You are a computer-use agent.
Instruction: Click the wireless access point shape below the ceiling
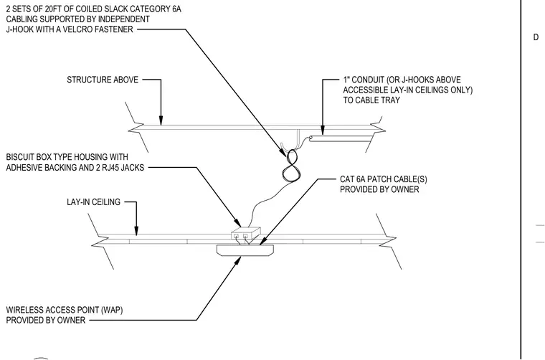[x=245, y=250]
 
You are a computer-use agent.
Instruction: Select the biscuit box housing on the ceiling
[x=246, y=233]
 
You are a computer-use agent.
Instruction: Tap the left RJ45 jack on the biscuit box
[x=237, y=236]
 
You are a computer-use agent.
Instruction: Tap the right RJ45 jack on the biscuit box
[x=245, y=236]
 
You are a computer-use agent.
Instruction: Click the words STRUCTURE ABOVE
[x=103, y=80]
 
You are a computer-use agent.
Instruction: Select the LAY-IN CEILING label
[x=93, y=202]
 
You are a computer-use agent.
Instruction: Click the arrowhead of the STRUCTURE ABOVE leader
[x=161, y=120]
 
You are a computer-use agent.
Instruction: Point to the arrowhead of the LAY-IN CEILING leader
[x=136, y=231]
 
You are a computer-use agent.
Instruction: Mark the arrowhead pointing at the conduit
[x=323, y=131]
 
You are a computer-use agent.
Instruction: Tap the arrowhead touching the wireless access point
[x=237, y=260]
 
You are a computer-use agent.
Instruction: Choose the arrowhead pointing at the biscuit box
[x=237, y=223]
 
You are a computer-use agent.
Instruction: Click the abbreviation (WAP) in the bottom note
[x=112, y=310]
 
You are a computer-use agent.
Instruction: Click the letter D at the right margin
[x=536, y=37]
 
